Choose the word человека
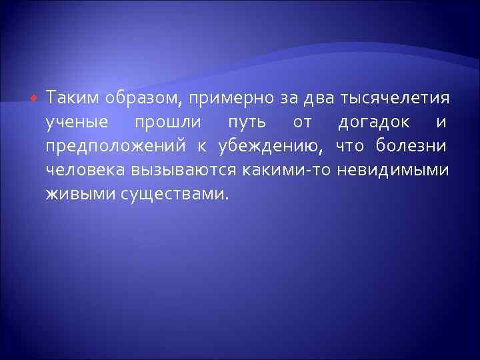pos(83,170)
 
